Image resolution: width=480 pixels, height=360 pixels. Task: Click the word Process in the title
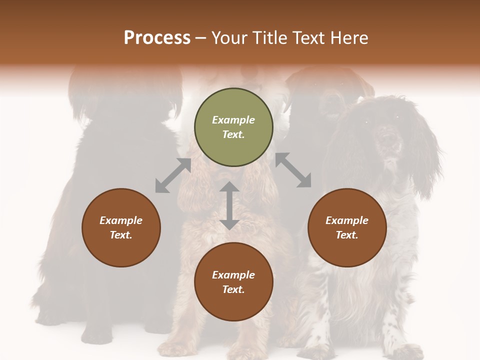pos(157,38)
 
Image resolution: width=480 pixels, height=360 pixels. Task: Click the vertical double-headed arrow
pos(229,205)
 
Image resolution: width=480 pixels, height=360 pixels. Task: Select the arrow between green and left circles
pos(173,175)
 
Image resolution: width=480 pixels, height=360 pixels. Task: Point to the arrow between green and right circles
pos(293,170)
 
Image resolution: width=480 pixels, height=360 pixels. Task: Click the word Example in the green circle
pos(233,120)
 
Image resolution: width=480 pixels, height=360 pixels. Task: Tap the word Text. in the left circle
pos(121,235)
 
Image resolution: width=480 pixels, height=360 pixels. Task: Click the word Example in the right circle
pos(347,220)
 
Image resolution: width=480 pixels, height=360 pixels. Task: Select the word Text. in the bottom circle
pos(233,289)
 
